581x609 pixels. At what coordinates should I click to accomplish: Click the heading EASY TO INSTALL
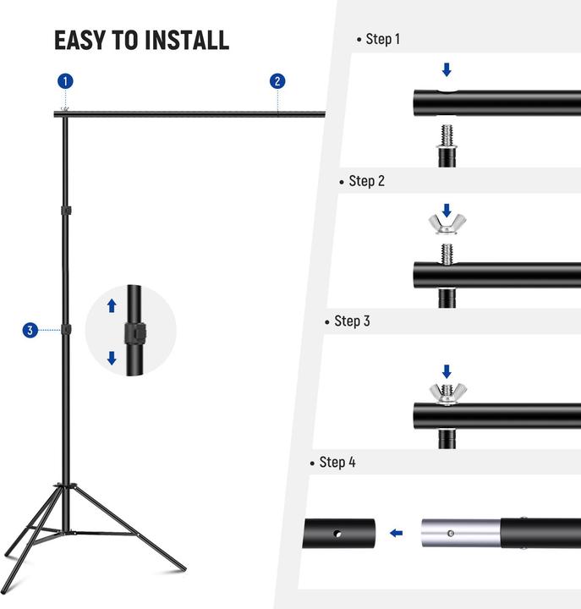141,40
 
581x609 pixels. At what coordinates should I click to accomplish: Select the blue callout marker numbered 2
277,81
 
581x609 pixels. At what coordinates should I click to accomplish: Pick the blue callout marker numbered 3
30,330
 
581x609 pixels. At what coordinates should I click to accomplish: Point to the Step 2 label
366,181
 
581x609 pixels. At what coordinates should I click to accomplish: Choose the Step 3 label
352,321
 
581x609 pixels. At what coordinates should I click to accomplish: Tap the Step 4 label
337,463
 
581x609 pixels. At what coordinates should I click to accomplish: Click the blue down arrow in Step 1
447,69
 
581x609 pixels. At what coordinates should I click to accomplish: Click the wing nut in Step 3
447,392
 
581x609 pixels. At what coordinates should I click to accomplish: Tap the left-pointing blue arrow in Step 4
396,533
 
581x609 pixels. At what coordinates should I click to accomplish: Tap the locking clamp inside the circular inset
132,331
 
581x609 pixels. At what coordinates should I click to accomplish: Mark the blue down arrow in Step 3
447,370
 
